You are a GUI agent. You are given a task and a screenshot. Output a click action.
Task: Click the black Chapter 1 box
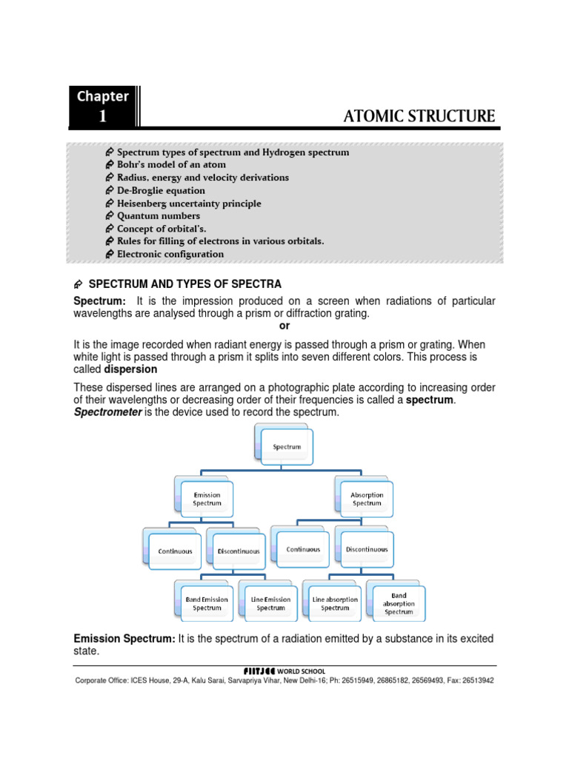[x=103, y=106]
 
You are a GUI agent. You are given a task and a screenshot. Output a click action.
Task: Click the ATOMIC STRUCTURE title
[x=419, y=116]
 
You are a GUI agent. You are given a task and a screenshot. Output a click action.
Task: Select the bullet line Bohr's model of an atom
[x=171, y=164]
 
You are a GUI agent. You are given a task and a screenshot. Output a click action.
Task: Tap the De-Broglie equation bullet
[x=161, y=190]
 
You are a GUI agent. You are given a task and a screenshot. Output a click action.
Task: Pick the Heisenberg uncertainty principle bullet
[x=189, y=203]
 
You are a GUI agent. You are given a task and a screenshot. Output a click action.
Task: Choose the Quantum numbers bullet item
[x=159, y=215]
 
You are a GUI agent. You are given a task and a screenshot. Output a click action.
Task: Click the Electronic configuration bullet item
[x=170, y=254]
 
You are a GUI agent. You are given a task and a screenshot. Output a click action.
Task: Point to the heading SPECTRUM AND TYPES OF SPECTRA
[x=185, y=284]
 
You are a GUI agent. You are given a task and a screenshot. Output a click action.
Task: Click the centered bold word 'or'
[x=284, y=326]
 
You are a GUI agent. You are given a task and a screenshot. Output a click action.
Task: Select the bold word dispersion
[x=130, y=369]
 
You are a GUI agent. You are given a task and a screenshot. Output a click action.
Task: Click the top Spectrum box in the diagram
[x=287, y=447]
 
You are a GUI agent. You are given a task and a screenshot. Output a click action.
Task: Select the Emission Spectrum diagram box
[x=207, y=500]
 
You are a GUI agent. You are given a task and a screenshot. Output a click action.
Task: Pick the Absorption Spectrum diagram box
[x=367, y=500]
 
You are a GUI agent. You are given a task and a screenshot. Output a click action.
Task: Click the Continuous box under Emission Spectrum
[x=176, y=551]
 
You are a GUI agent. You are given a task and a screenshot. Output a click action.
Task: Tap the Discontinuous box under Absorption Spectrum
[x=366, y=550]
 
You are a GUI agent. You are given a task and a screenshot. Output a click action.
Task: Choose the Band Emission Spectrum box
[x=207, y=603]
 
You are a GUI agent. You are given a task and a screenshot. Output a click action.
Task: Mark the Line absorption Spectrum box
[x=335, y=603]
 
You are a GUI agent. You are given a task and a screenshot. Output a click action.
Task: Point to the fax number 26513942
[x=473, y=680]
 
